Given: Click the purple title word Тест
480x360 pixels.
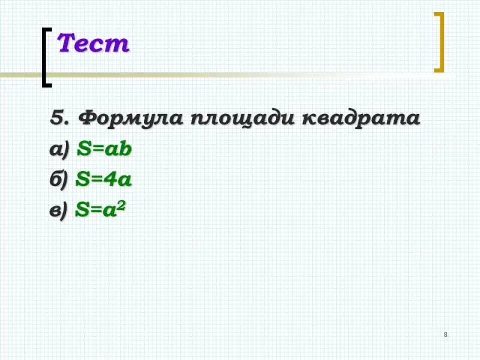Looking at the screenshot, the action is tap(93, 43).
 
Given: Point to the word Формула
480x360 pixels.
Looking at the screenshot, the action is tap(130, 118).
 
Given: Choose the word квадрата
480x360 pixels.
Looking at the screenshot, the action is tap(361, 118).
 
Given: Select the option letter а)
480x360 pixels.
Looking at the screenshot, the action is tap(59, 150).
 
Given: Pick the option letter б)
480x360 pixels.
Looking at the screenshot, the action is tap(59, 179).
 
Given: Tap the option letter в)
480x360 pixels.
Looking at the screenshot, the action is tap(58, 211).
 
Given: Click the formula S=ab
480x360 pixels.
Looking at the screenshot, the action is tap(104, 149).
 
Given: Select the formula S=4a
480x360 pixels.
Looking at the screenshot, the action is tap(103, 179).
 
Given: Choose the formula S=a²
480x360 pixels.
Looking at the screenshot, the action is tap(100, 209).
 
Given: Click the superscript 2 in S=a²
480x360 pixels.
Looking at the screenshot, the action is tap(121, 205).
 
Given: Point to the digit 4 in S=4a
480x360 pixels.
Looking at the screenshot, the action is tap(110, 179).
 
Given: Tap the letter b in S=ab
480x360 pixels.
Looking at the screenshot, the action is tap(125, 149).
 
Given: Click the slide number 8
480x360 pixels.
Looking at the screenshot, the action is tap(445, 335).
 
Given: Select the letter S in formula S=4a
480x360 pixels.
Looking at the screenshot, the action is tap(82, 179).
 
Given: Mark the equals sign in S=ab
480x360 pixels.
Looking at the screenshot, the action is tap(97, 149).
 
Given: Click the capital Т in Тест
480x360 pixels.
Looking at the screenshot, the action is tap(67, 43).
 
